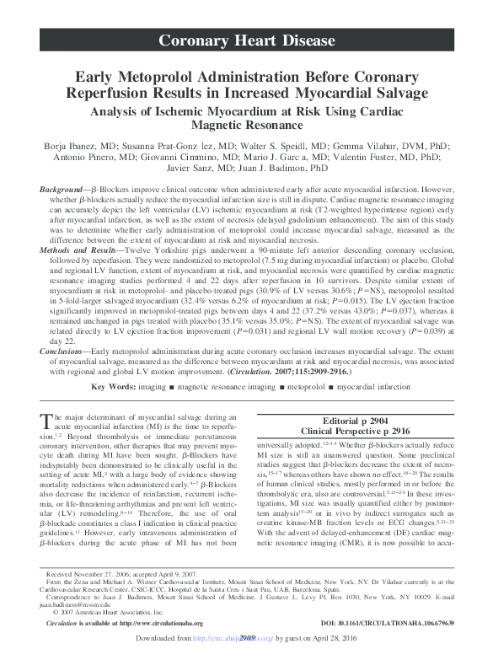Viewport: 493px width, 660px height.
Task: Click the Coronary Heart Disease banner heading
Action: tap(247, 40)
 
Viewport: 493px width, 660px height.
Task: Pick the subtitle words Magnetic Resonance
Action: tap(246, 125)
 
